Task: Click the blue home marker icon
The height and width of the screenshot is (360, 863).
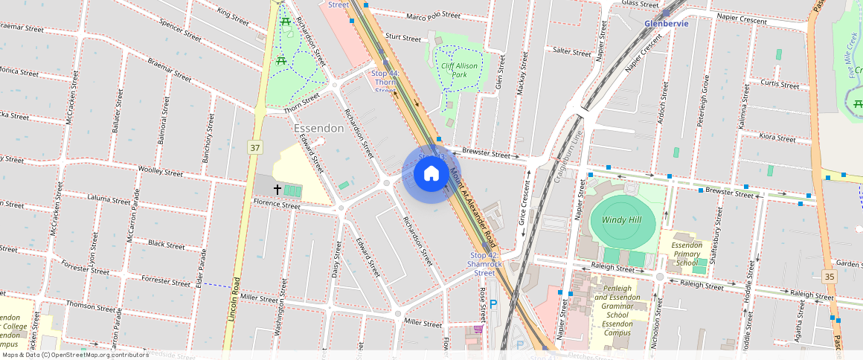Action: click(x=431, y=174)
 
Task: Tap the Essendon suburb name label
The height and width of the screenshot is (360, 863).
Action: click(x=318, y=128)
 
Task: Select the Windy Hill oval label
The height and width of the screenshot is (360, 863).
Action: click(x=623, y=220)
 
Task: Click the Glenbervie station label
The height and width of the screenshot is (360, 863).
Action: click(x=666, y=23)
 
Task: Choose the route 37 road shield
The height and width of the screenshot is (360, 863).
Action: click(x=255, y=148)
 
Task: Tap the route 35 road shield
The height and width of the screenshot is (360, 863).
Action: click(x=829, y=276)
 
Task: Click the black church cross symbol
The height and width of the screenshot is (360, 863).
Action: click(x=277, y=190)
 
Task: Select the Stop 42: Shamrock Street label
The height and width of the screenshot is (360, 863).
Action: click(x=485, y=264)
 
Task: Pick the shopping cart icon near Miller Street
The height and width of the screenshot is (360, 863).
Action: click(x=478, y=329)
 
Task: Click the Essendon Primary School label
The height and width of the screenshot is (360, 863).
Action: click(x=686, y=254)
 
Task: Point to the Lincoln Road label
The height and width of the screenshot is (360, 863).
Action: click(x=233, y=303)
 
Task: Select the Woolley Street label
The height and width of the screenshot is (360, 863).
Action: click(x=161, y=172)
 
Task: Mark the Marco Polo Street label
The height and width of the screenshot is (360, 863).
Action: click(x=434, y=16)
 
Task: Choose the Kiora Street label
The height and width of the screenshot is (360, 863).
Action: click(x=777, y=138)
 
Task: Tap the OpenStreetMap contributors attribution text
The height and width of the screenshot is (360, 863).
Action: click(x=74, y=355)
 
